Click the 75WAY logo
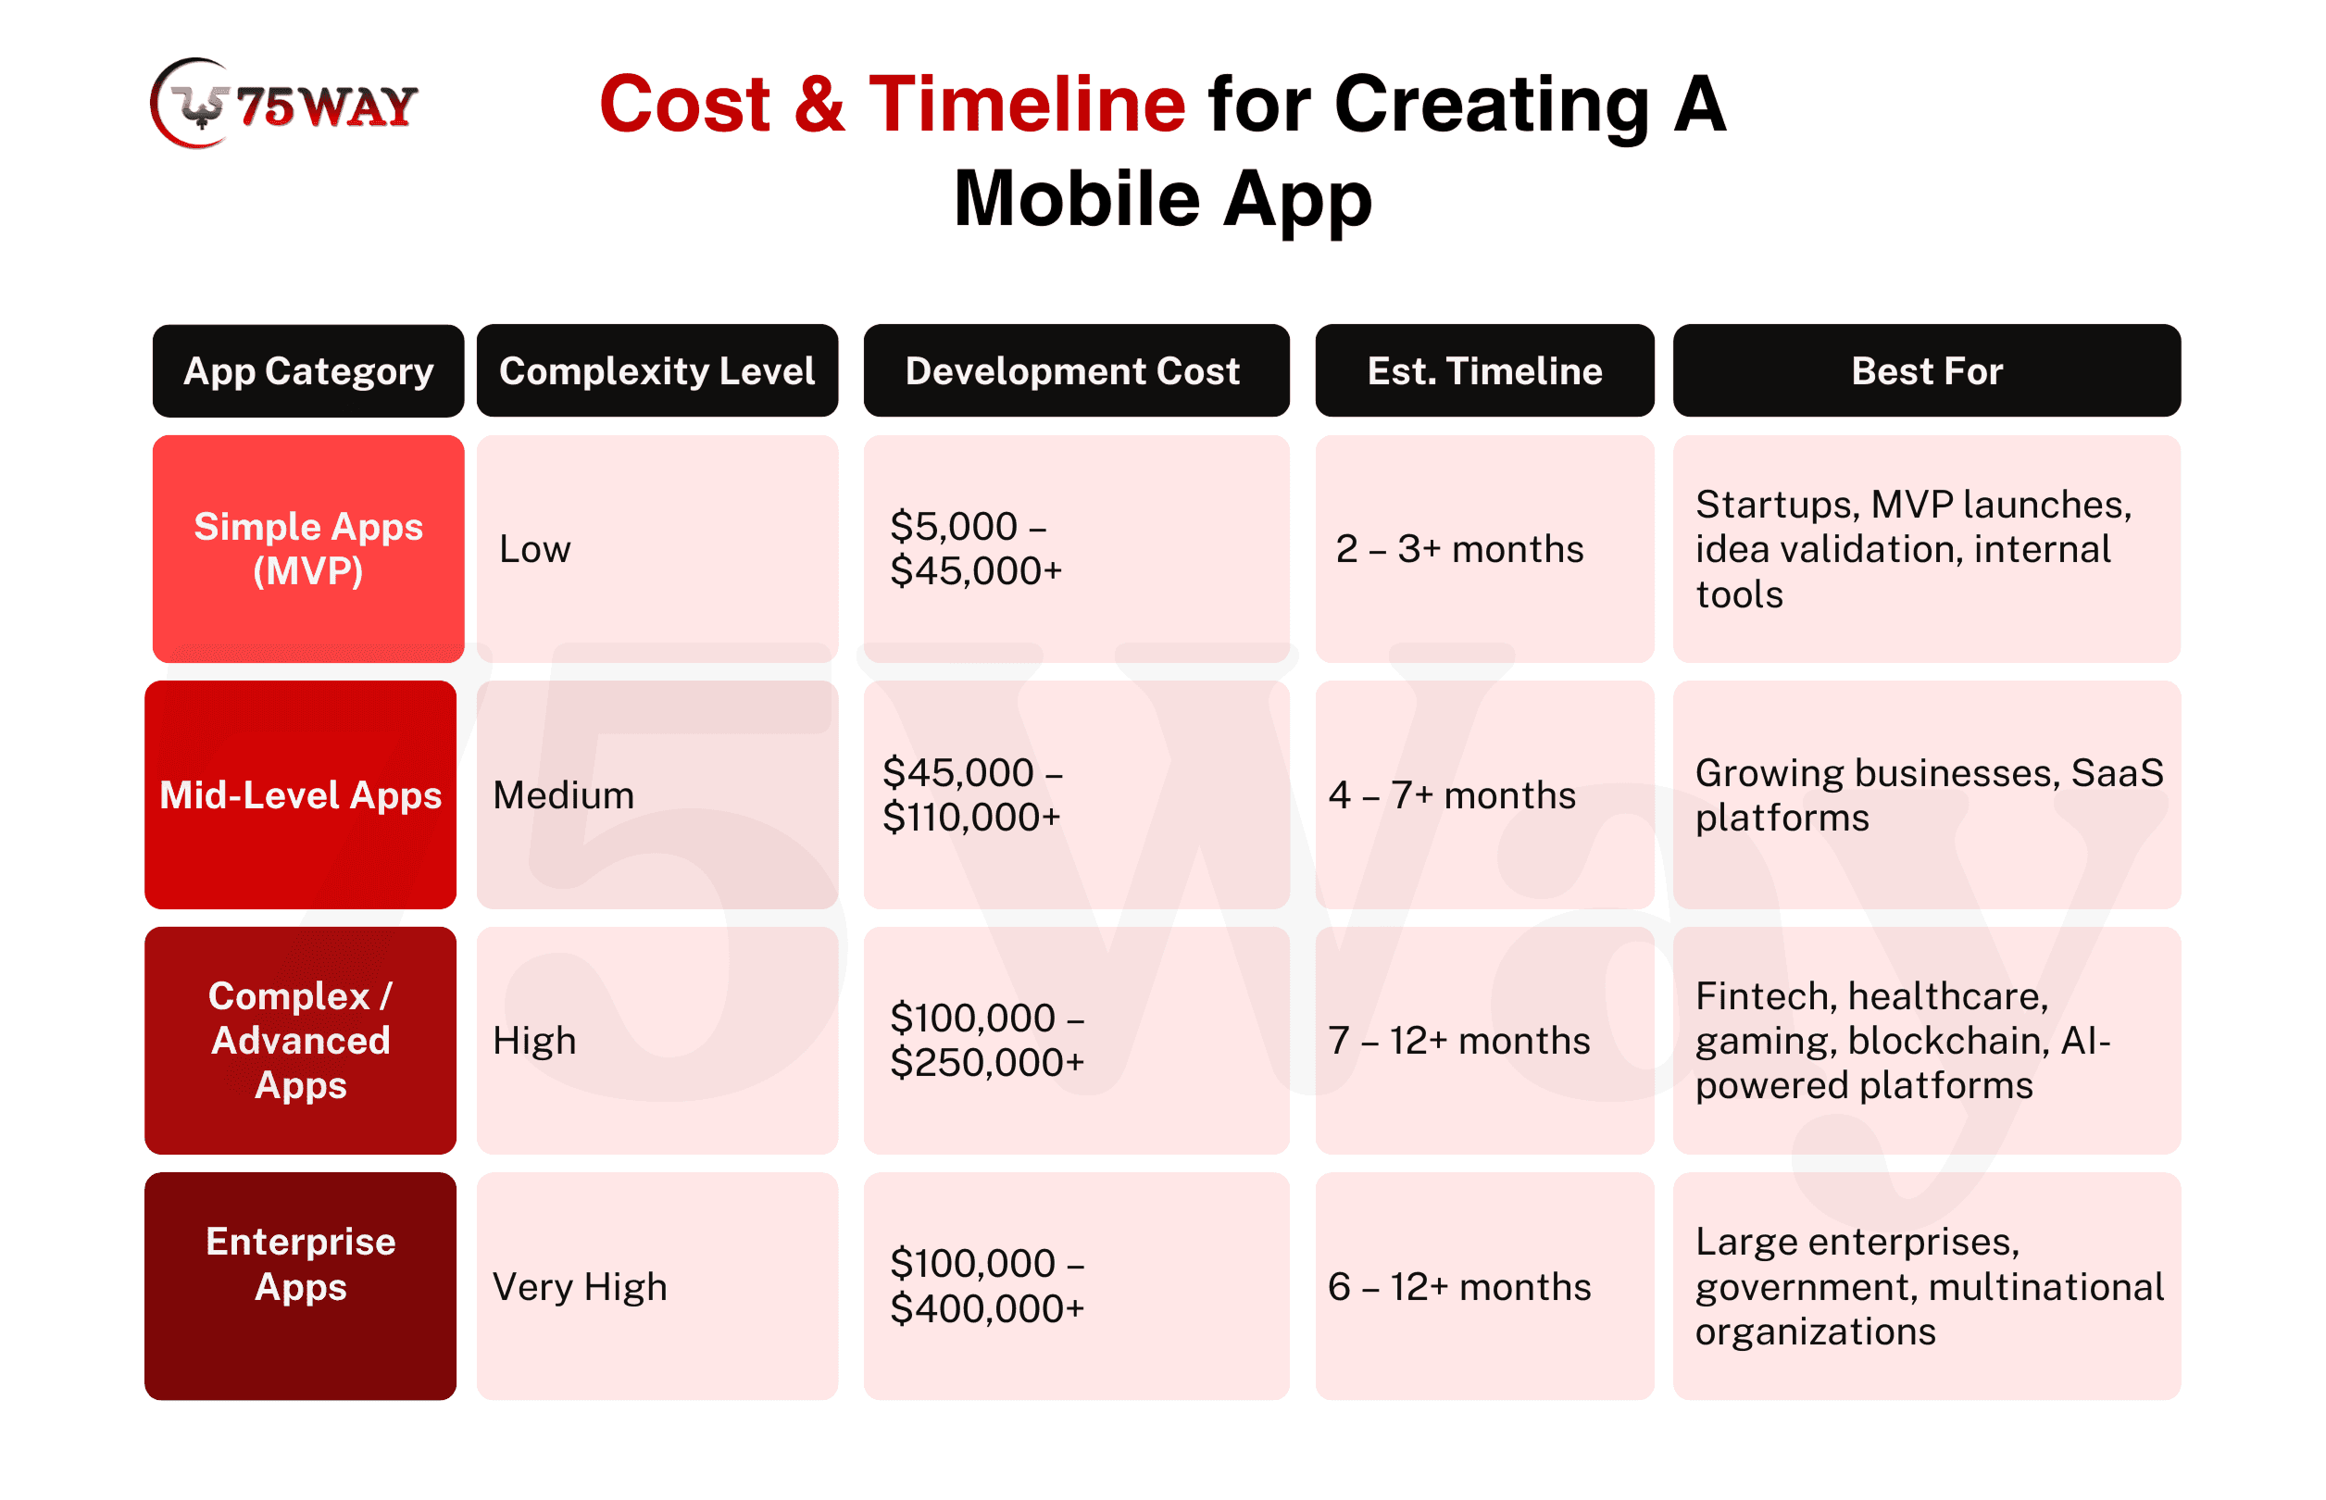click(283, 104)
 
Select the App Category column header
click(307, 370)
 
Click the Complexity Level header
click(657, 370)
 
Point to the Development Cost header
click(1075, 370)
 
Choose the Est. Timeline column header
click(1483, 370)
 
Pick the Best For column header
click(1926, 370)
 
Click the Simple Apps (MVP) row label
click(307, 548)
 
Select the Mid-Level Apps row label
click(300, 794)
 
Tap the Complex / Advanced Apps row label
click(300, 1039)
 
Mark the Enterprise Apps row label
click(300, 1286)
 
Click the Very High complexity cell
click(657, 1286)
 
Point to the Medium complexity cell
click(657, 794)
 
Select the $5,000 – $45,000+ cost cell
click(1075, 548)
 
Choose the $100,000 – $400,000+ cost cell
click(1075, 1286)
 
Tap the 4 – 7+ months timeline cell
click(1483, 794)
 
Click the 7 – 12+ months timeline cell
click(1483, 1039)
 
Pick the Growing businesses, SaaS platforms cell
click(1926, 794)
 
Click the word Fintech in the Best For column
click(1765, 995)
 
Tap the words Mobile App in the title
click(1162, 199)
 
